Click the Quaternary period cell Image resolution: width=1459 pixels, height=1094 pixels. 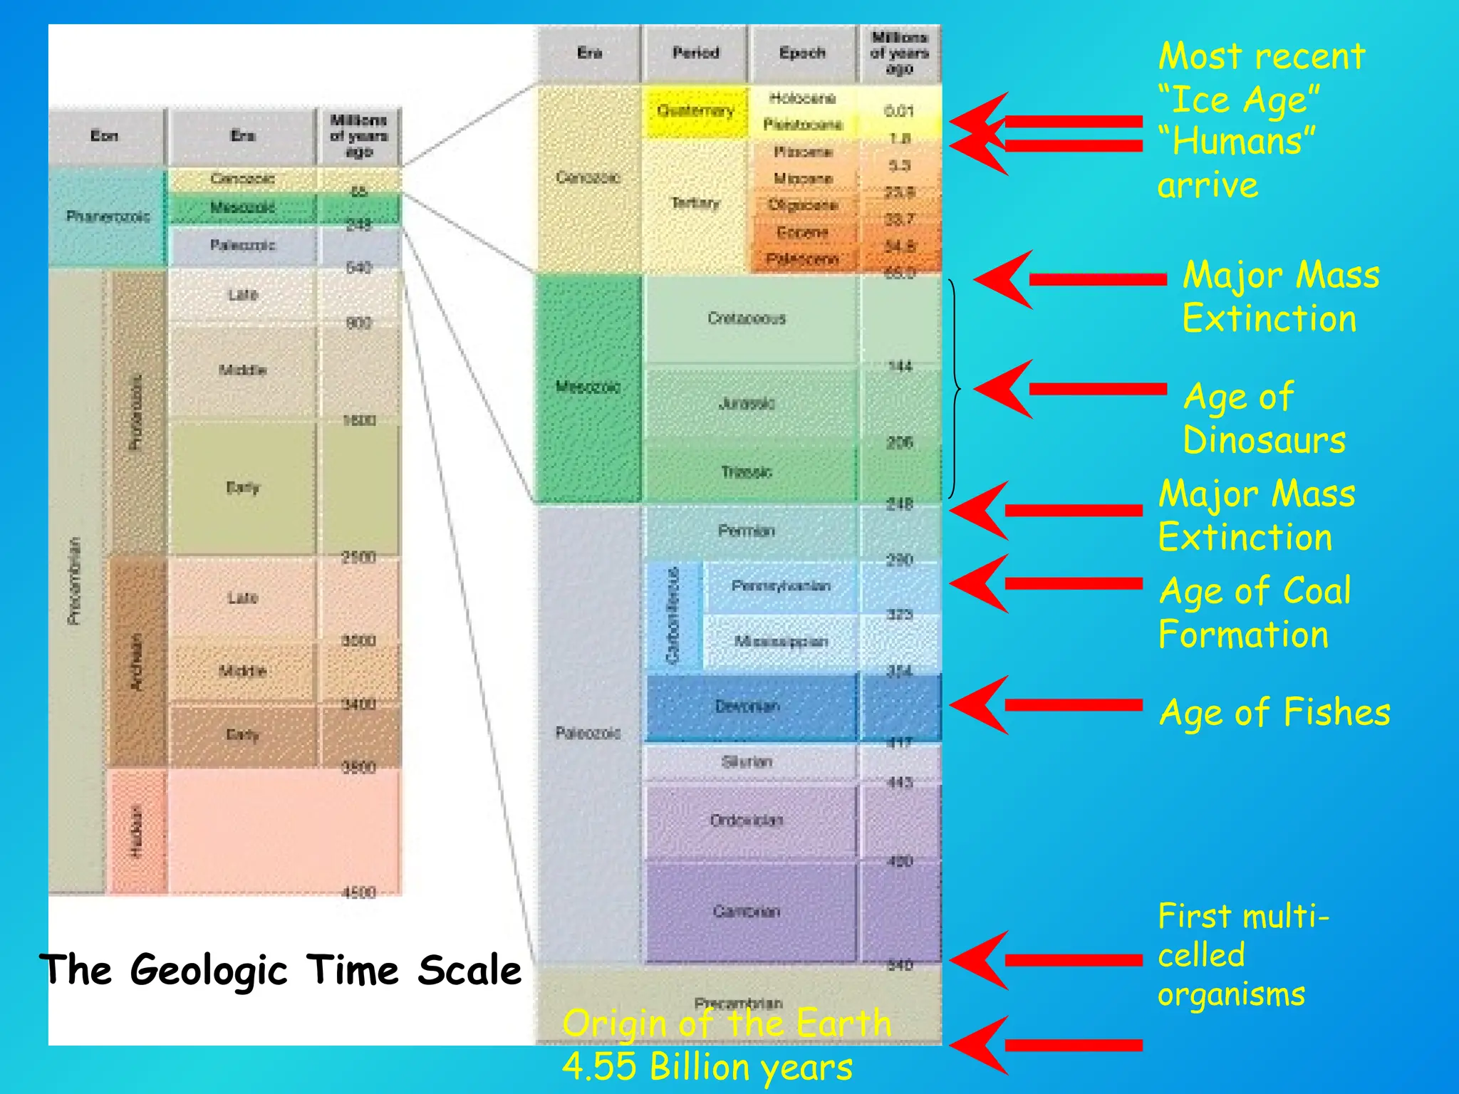695,111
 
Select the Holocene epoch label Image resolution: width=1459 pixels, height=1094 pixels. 802,98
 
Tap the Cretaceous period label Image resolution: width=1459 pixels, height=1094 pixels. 747,318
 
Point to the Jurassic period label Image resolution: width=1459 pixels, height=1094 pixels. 747,404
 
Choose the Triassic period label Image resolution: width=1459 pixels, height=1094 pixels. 747,472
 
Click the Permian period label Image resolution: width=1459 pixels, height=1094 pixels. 747,531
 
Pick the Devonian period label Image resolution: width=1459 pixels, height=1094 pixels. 747,706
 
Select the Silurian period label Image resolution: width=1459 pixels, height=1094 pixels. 747,762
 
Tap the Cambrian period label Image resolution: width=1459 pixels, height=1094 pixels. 747,911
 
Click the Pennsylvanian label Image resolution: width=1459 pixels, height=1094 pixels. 781,586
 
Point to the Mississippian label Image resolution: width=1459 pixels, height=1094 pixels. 781,642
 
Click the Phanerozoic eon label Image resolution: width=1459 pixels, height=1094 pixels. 108,216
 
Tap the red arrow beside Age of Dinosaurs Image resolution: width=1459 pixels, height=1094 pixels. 1069,389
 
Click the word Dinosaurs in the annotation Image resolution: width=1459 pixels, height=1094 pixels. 1265,440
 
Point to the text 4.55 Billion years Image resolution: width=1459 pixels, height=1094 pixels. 707,1067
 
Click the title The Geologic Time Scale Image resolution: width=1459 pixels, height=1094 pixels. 281,970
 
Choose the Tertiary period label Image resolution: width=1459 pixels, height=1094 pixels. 695,204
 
